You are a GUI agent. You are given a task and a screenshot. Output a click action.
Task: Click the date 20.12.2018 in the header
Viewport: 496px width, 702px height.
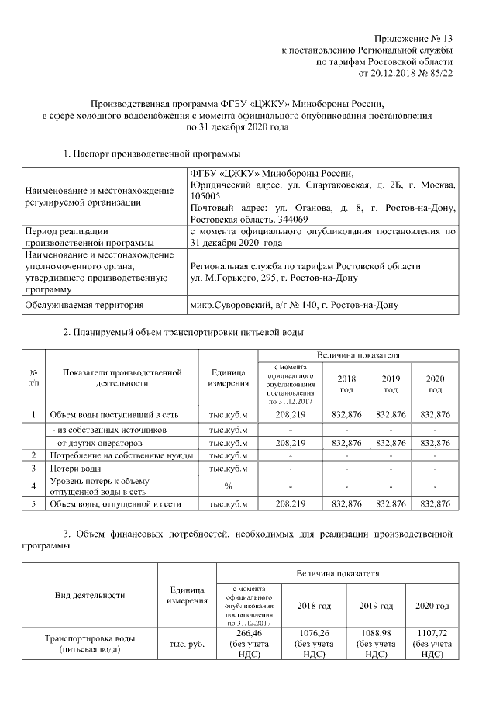(396, 74)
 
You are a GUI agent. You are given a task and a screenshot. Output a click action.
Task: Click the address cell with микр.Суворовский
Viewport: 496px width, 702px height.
(294, 306)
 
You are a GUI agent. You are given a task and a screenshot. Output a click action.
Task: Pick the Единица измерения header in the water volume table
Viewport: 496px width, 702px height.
(229, 377)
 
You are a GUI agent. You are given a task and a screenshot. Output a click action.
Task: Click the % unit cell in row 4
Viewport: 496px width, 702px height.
(229, 486)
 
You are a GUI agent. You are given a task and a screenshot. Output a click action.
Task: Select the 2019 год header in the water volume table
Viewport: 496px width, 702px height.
(391, 383)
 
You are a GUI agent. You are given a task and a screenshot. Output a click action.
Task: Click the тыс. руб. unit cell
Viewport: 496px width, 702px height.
(187, 643)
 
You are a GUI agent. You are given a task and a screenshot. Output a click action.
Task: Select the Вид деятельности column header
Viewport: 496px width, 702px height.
(90, 595)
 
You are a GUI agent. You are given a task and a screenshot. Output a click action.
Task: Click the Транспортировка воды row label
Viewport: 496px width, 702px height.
(90, 643)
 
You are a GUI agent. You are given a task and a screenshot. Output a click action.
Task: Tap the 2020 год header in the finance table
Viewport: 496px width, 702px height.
(432, 605)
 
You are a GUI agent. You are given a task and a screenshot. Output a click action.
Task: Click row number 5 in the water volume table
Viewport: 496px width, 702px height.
(33, 504)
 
